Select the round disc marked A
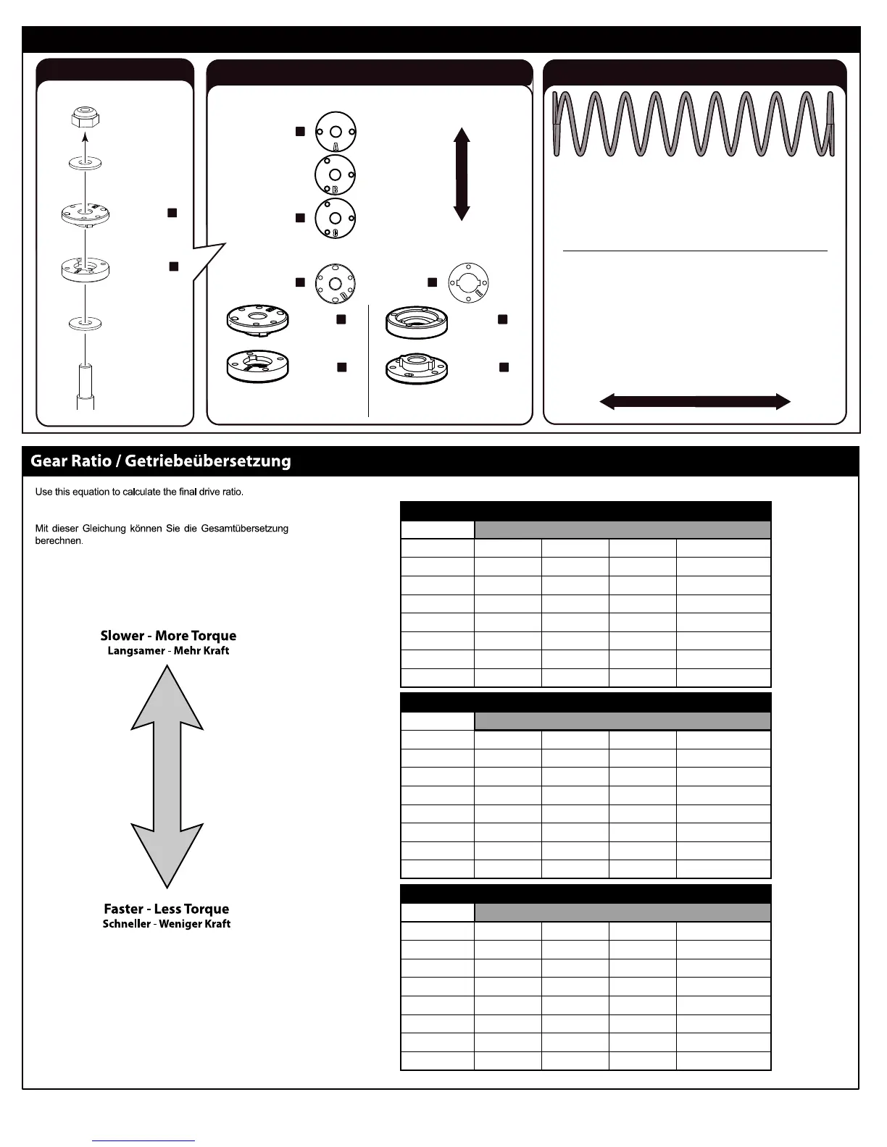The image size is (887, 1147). coord(336,131)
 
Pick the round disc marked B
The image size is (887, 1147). coord(336,175)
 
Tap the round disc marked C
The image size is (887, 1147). coord(335,218)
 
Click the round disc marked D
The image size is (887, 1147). coord(335,282)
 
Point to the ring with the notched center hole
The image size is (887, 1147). coord(468,282)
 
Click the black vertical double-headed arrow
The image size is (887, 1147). coord(462,174)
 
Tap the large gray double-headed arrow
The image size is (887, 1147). coord(167,776)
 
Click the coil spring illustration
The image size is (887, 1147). coord(694,124)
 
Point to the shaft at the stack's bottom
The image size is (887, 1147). coord(86,387)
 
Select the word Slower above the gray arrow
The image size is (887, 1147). coord(122,636)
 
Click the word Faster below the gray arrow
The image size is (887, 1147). coord(123,909)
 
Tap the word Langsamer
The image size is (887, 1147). coord(136,650)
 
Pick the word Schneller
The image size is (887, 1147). coord(127,924)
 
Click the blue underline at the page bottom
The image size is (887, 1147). coord(143,1140)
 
